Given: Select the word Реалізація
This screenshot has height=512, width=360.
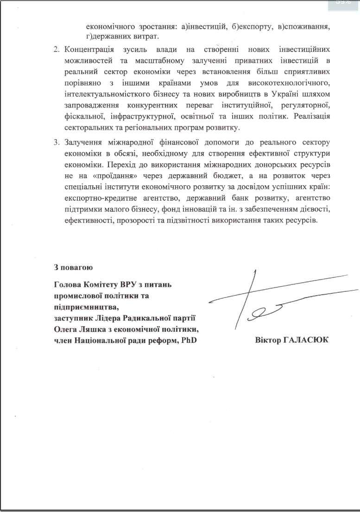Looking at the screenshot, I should pyautogui.click(x=308, y=116).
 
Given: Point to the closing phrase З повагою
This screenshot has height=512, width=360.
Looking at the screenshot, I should pyautogui.click(x=74, y=267).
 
